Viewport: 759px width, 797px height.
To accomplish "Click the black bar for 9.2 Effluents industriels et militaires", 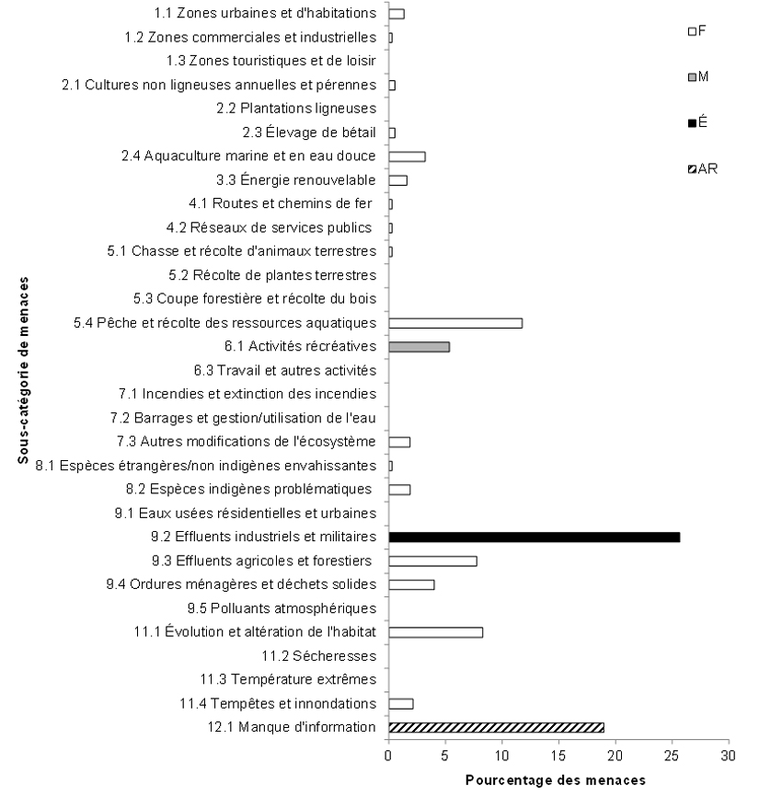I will point(534,537).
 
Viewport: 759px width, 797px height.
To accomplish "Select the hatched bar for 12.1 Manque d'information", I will point(496,727).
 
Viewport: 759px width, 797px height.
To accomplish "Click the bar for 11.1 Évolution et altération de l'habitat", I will point(435,632).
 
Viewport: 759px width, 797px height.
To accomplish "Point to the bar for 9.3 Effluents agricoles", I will point(432,561).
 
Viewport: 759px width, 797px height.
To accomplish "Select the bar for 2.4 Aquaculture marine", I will point(407,156).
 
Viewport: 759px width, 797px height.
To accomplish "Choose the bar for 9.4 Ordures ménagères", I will point(411,584).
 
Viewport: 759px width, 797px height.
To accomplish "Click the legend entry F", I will point(696,31).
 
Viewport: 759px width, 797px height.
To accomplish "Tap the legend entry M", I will point(697,76).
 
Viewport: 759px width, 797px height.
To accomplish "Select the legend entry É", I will point(696,122).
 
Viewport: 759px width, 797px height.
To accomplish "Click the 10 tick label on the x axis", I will point(501,757).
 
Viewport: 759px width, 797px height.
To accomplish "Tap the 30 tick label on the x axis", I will point(729,757).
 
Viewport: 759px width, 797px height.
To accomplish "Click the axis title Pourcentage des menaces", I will point(556,780).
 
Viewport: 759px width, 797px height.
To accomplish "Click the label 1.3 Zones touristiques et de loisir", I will point(271,61).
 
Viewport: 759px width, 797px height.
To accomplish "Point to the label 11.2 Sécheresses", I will point(319,656).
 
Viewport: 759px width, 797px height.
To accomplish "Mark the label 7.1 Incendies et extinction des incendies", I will point(247,394).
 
